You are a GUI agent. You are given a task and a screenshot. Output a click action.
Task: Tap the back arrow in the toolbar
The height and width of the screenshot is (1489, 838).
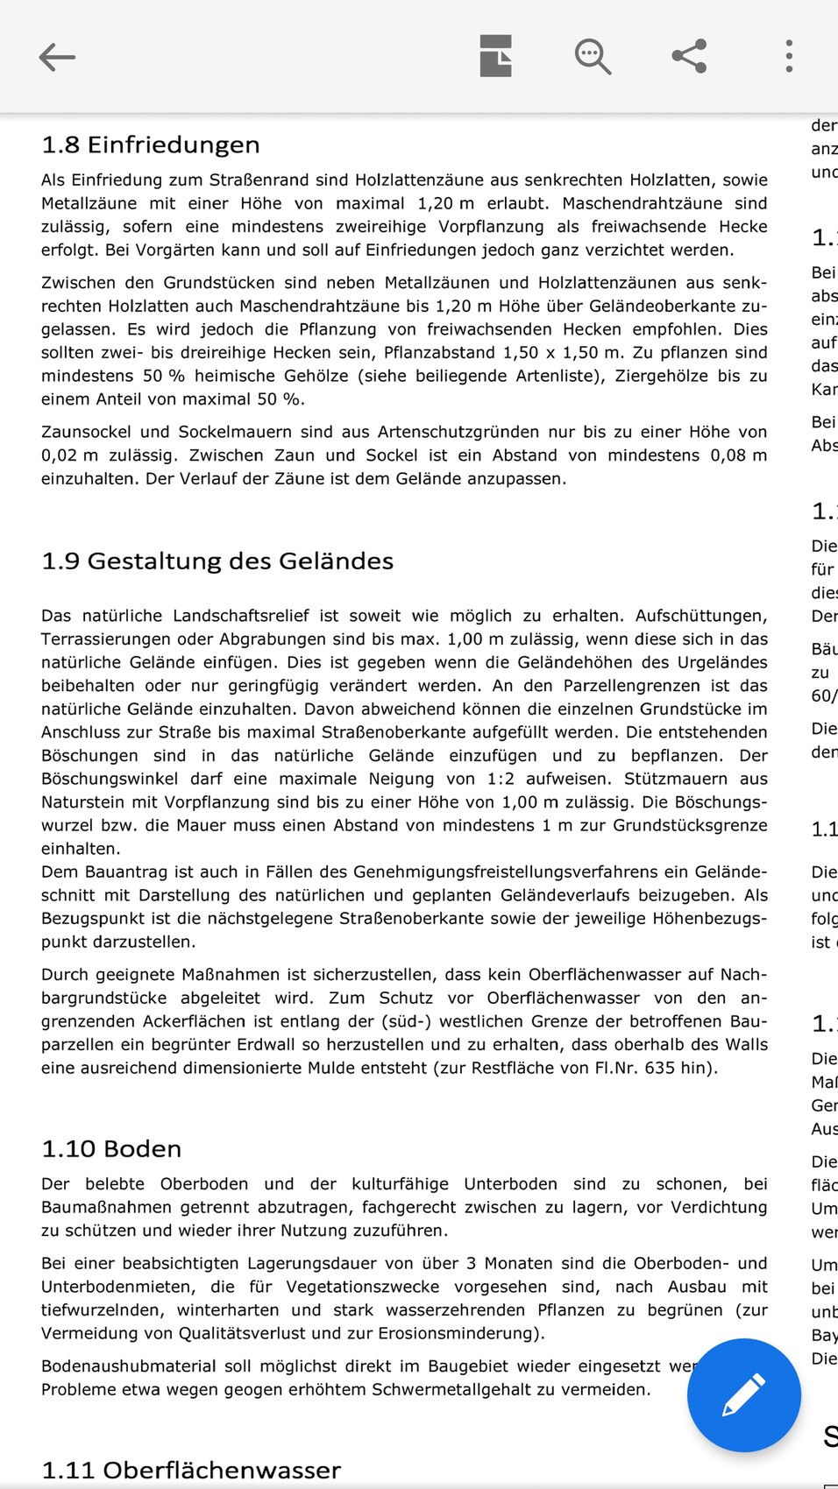pyautogui.click(x=58, y=58)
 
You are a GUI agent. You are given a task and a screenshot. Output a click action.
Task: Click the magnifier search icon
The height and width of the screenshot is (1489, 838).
pyautogui.click(x=593, y=57)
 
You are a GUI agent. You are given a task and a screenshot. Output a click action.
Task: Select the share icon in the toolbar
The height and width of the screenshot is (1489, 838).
pyautogui.click(x=689, y=57)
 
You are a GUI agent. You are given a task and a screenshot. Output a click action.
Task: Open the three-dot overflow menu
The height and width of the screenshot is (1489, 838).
pyautogui.click(x=789, y=57)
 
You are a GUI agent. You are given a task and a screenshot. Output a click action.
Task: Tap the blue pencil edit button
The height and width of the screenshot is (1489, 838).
pyautogui.click(x=743, y=1394)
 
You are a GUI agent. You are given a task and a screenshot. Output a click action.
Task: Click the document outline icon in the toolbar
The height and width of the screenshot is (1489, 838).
pyautogui.click(x=496, y=57)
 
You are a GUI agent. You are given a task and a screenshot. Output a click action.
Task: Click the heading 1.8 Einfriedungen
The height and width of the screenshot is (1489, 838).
pyautogui.click(x=151, y=145)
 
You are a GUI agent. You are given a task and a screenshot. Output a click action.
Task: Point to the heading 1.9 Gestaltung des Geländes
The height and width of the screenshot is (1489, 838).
pyautogui.click(x=217, y=561)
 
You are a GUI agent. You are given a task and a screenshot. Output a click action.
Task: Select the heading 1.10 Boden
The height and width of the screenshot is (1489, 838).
pyautogui.click(x=111, y=1148)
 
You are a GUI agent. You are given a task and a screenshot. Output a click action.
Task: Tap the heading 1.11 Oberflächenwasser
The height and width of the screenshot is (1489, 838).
pyautogui.click(x=191, y=1470)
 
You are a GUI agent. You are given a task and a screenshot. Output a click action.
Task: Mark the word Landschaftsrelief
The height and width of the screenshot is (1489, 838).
pyautogui.click(x=236, y=616)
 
